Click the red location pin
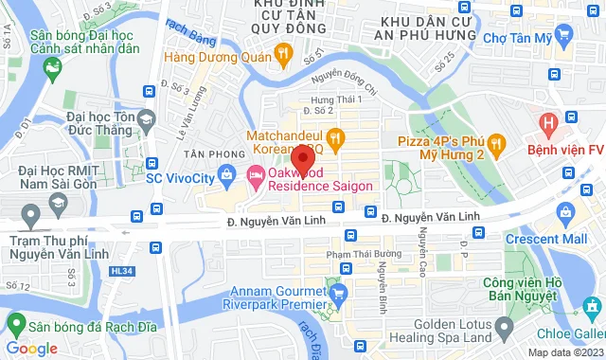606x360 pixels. [302, 158]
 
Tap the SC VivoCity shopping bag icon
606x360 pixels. [227, 174]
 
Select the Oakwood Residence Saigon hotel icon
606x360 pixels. [256, 174]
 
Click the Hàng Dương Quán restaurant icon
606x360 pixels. [282, 55]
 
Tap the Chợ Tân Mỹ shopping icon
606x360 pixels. [564, 37]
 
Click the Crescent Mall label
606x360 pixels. [546, 240]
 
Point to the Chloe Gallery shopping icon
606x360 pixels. [592, 308]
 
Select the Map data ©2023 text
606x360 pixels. [564, 352]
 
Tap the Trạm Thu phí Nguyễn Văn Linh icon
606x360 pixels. [31, 218]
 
